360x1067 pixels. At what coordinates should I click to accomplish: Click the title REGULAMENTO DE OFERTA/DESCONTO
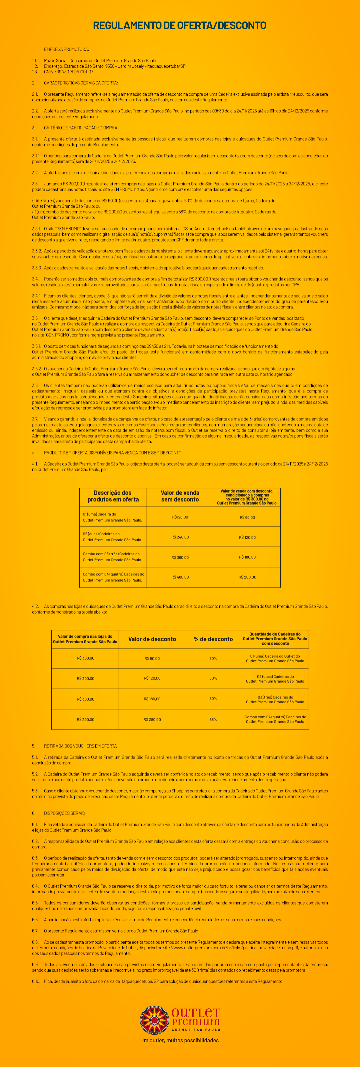click(x=179, y=26)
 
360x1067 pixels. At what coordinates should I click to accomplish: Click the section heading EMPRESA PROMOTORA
click(x=66, y=49)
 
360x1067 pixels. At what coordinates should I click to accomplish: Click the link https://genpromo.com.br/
click(x=159, y=189)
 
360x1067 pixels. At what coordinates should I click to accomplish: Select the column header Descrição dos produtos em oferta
click(x=113, y=496)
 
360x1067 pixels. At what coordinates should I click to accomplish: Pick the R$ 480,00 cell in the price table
click(x=180, y=577)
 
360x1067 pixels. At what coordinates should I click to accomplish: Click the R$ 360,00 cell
click(x=180, y=557)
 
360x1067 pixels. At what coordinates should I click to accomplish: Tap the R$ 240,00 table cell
click(x=180, y=537)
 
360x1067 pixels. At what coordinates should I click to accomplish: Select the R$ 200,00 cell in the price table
click(x=247, y=577)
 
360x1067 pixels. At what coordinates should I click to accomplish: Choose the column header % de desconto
click(x=213, y=639)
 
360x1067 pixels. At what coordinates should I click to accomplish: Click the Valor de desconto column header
click(x=152, y=639)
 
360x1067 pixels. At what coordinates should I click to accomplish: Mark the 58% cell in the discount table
click(x=213, y=720)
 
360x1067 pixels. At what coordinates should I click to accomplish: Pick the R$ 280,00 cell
click(x=152, y=720)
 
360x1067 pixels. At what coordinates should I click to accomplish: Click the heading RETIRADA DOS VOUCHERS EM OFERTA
click(x=80, y=746)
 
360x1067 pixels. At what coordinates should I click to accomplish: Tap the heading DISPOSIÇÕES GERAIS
click(x=64, y=813)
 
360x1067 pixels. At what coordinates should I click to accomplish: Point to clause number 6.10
click(x=36, y=981)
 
